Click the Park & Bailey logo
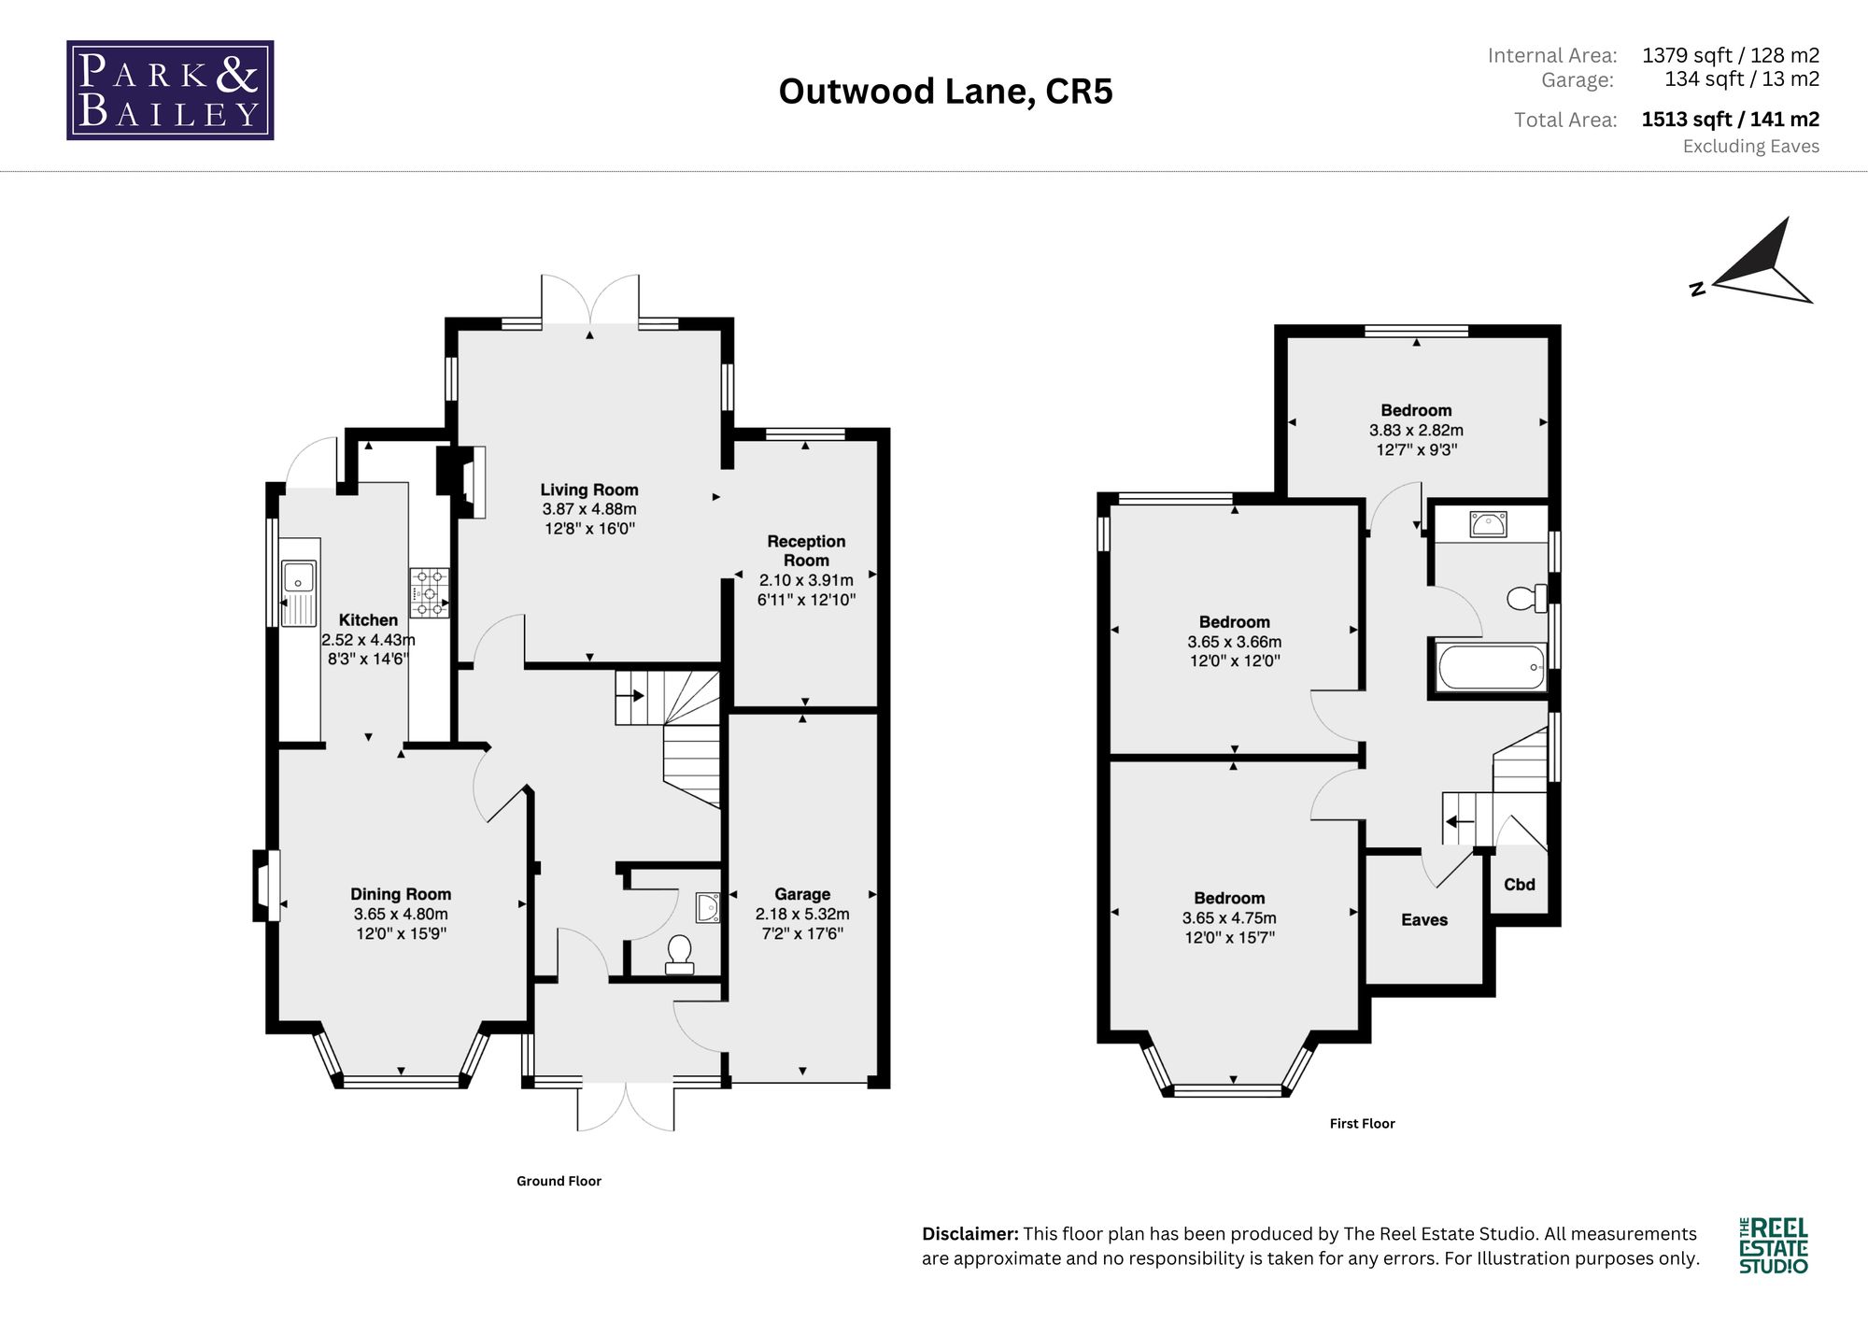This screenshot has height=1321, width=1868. (170, 91)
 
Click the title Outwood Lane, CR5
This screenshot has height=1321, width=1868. (945, 92)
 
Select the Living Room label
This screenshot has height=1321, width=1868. (589, 490)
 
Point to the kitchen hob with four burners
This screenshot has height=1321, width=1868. (429, 593)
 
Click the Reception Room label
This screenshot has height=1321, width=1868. (806, 550)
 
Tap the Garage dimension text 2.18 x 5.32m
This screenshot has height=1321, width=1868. (802, 914)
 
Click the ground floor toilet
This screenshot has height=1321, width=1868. (680, 955)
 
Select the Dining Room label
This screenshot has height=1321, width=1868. (401, 894)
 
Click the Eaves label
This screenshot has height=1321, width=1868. (1424, 920)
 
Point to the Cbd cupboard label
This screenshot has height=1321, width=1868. (1520, 885)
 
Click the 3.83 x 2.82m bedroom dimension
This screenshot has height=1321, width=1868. (1416, 431)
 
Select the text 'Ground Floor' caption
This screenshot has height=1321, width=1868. (559, 1181)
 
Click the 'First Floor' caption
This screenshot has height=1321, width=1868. (1362, 1124)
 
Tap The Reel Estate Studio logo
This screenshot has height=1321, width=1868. (1774, 1245)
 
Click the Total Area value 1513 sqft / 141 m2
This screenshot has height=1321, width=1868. (1731, 120)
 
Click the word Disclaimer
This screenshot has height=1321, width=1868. (970, 1234)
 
